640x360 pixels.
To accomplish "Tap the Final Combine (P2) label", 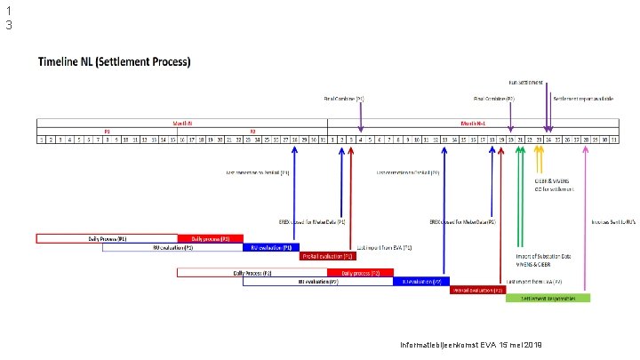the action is click(494, 99).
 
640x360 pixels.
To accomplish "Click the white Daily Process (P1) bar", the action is click(107, 238).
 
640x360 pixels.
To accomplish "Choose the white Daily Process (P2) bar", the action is click(252, 272).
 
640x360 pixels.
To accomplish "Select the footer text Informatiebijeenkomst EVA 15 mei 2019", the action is click(471, 344).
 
